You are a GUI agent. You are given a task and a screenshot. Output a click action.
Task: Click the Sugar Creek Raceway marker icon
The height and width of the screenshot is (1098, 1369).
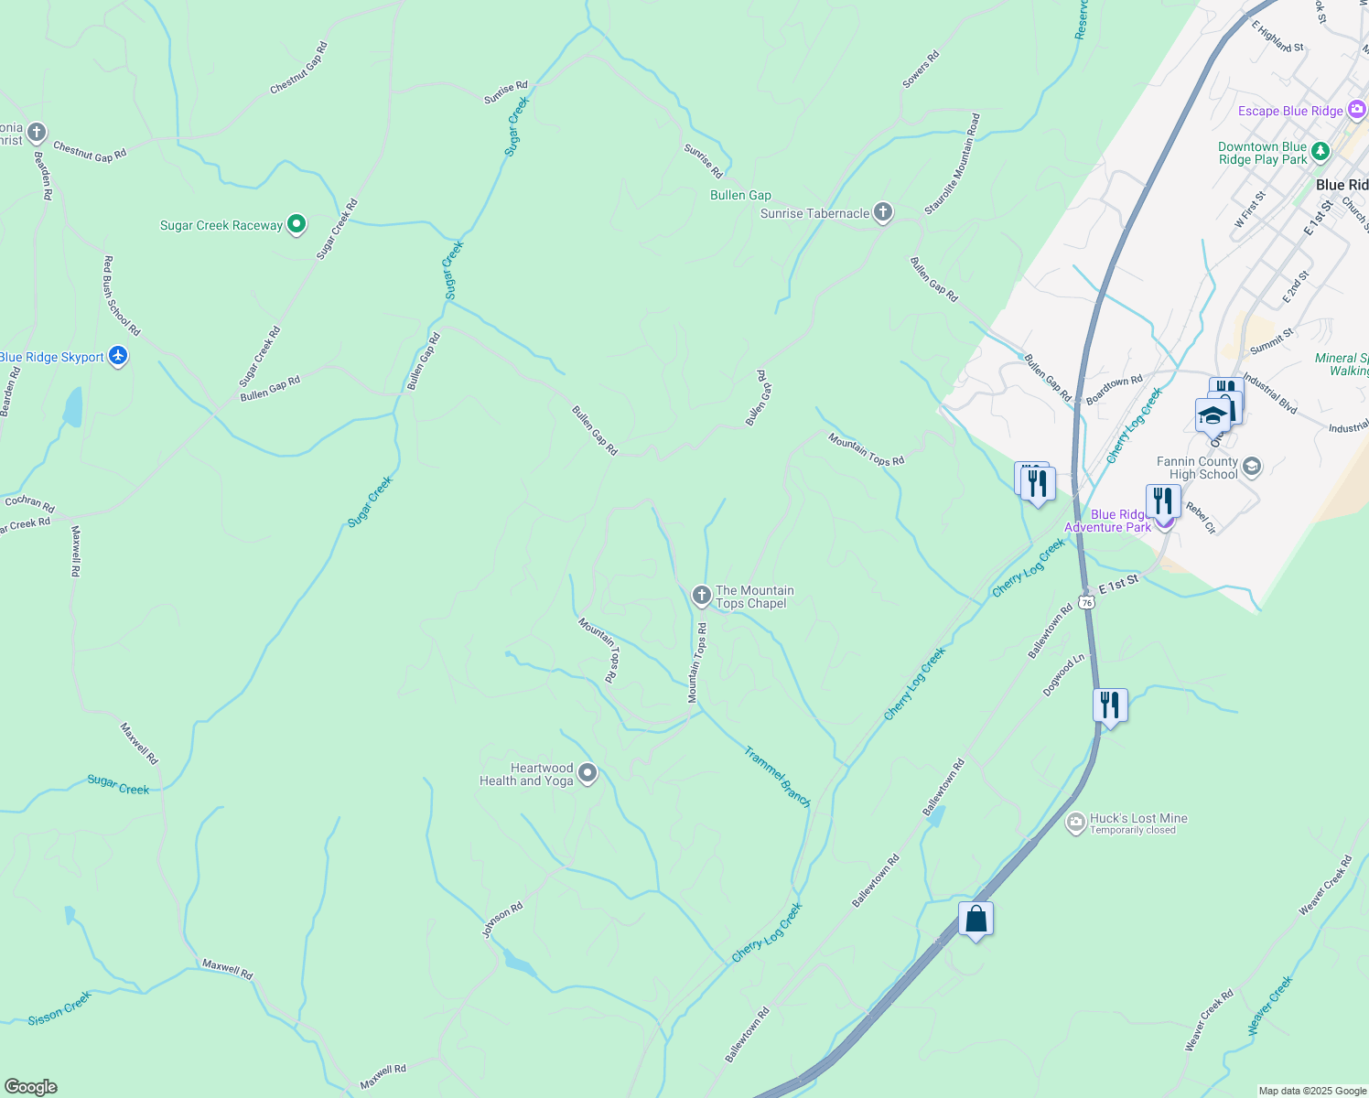[x=296, y=224]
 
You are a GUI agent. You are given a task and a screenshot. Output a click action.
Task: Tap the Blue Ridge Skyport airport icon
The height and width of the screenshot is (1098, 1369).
[x=117, y=356]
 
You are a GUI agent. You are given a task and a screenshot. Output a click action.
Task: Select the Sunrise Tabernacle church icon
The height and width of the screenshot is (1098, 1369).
[x=882, y=213]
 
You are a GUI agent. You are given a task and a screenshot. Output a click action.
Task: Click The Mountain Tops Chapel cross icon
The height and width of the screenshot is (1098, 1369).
[x=701, y=597]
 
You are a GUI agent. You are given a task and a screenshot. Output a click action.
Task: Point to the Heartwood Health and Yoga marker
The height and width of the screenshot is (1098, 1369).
[x=587, y=774]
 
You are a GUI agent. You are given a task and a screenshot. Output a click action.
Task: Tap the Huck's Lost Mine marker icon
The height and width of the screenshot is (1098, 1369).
[x=1076, y=823]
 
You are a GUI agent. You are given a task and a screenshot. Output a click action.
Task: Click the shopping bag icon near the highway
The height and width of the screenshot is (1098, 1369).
[x=976, y=919]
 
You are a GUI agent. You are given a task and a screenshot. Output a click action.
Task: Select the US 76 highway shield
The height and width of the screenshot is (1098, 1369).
[x=1086, y=602]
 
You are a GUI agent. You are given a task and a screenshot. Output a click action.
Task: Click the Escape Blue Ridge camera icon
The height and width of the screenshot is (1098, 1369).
[x=1357, y=111]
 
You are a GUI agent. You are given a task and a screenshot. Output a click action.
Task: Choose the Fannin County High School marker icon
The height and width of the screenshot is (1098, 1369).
[x=1251, y=468]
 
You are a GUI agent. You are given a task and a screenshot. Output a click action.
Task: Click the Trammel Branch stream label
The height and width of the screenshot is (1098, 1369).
[x=777, y=778]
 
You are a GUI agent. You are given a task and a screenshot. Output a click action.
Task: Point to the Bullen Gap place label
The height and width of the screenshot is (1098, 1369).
[x=740, y=195]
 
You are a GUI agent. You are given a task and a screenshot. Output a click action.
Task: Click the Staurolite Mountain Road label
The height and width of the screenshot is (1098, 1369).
[x=953, y=164]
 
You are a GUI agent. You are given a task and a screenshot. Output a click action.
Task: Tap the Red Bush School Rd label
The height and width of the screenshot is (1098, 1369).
[x=122, y=296]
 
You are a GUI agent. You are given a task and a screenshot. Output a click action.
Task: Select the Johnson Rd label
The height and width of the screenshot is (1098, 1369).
[x=502, y=920]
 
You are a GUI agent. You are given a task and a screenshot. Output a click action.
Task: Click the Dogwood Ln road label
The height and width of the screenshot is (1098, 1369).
[x=1063, y=675]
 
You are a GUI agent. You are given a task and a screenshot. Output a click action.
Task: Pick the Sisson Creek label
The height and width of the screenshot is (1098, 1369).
[x=59, y=1008]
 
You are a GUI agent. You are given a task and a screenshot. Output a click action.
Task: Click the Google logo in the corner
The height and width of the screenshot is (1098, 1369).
[x=30, y=1087]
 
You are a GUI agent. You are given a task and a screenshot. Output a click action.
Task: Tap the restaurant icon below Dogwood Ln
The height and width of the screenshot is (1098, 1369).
[x=1109, y=705]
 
